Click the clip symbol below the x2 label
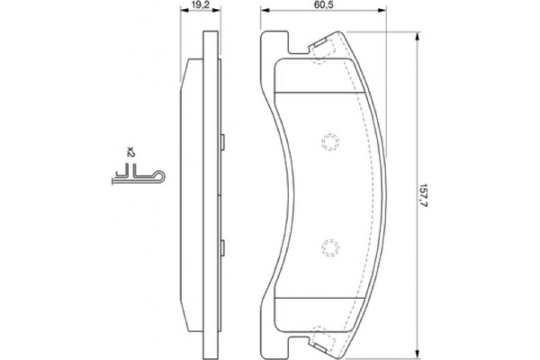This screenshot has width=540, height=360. [x=135, y=178]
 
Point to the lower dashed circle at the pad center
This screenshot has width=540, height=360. [x=329, y=247]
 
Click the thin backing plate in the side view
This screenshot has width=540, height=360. [x=212, y=193]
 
